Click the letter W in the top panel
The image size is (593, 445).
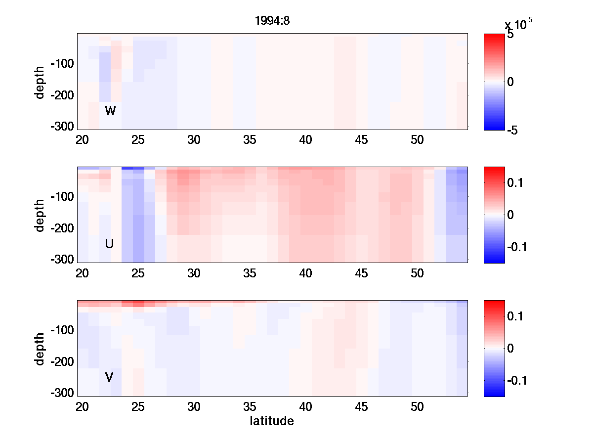click(110, 111)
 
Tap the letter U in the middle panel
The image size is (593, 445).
click(110, 244)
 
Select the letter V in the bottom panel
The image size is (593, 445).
click(109, 377)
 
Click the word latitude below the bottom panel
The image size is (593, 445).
click(272, 421)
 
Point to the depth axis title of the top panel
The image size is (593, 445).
click(40, 82)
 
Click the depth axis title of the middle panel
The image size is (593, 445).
click(40, 215)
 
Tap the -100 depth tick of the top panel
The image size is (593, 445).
click(62, 64)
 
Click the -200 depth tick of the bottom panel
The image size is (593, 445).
click(62, 362)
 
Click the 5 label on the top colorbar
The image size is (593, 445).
click(510, 35)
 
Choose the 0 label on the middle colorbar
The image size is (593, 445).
click(511, 215)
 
